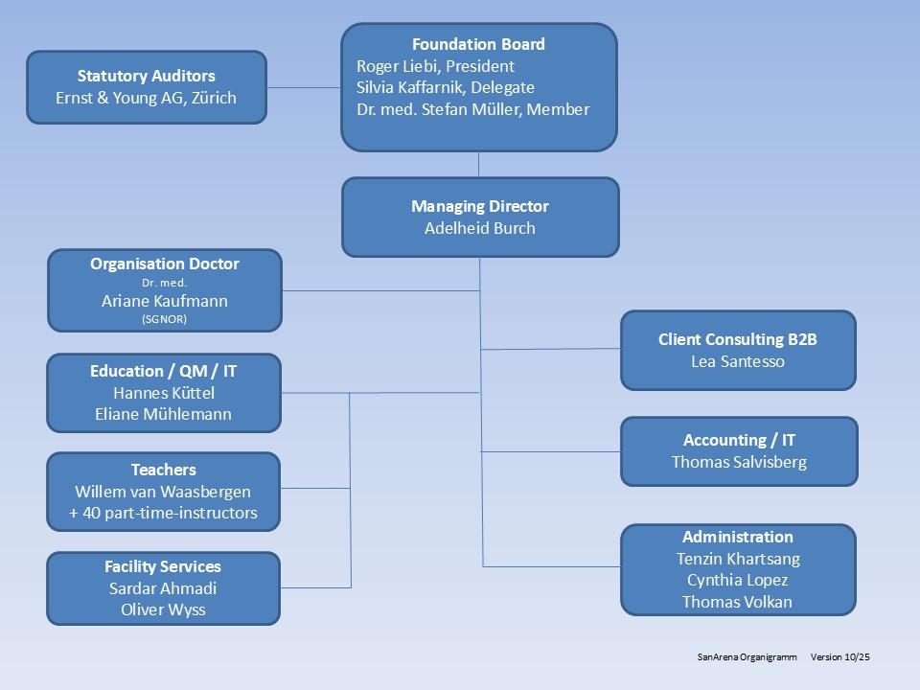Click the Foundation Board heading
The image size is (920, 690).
pyautogui.click(x=478, y=45)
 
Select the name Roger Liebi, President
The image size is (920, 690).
pyautogui.click(x=435, y=66)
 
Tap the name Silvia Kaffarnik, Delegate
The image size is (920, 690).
pyautogui.click(x=445, y=88)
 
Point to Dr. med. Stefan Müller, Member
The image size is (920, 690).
pyautogui.click(x=472, y=109)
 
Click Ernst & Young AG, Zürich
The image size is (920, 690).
pyautogui.click(x=146, y=98)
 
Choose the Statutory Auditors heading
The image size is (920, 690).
pyautogui.click(x=146, y=76)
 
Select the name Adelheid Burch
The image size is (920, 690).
pyautogui.click(x=479, y=228)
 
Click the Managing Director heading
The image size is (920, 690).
pyautogui.click(x=479, y=206)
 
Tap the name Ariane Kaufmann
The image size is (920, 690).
pyautogui.click(x=164, y=301)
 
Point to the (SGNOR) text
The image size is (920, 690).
pyautogui.click(x=164, y=319)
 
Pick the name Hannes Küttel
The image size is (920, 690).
pyautogui.click(x=164, y=393)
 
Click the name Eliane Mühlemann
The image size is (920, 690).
pyautogui.click(x=164, y=415)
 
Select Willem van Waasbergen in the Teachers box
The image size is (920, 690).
pyautogui.click(x=163, y=492)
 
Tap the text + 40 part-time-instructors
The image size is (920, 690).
pyautogui.click(x=163, y=514)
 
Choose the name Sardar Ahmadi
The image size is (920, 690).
pyautogui.click(x=163, y=588)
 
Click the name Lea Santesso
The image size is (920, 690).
pyautogui.click(x=737, y=361)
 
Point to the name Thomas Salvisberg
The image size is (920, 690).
pyautogui.click(x=739, y=462)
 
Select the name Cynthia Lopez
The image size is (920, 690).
pyautogui.click(x=737, y=581)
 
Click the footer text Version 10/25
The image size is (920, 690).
pyautogui.click(x=839, y=657)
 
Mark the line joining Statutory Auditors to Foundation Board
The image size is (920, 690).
pyautogui.click(x=303, y=88)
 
